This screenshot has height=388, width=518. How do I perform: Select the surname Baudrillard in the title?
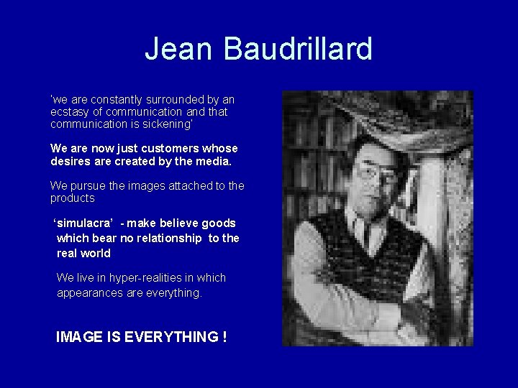click(x=298, y=49)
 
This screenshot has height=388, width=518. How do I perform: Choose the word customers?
click(x=165, y=148)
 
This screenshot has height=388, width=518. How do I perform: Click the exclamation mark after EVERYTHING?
click(x=224, y=337)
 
